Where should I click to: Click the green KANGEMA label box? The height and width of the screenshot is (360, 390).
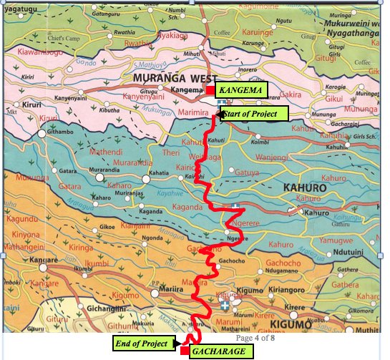(240, 90)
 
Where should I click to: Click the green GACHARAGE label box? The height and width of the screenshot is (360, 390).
(221, 351)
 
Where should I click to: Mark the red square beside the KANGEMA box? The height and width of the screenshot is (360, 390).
(210, 90)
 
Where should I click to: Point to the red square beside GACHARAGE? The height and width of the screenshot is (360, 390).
(185, 351)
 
